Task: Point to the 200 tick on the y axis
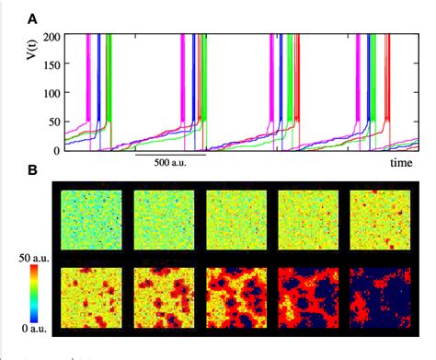click(x=49, y=36)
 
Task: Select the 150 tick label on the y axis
click(x=49, y=64)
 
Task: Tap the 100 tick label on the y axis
click(x=49, y=93)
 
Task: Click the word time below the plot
click(x=398, y=162)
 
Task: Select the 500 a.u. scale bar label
click(x=169, y=162)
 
